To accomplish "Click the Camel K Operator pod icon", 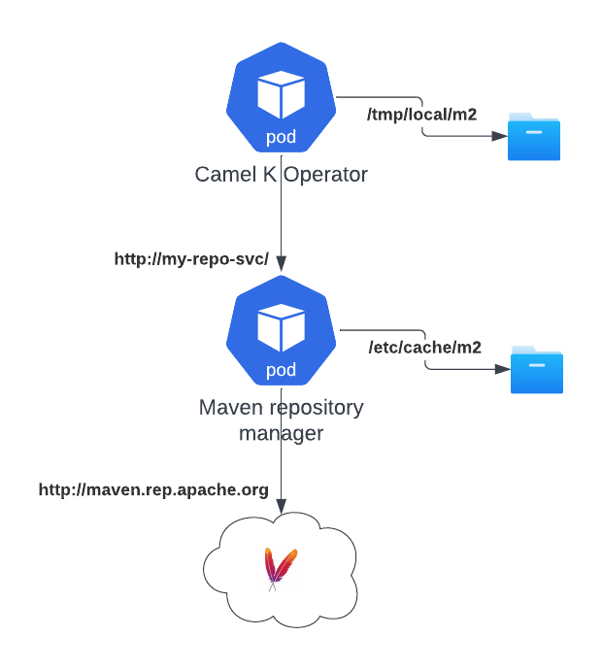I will coord(282,97).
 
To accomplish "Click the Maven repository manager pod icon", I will coord(282,330).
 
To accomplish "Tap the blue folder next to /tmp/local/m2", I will coord(534,135).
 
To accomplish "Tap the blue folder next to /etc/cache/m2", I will coord(537,369).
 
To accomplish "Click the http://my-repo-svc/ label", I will coord(190,259).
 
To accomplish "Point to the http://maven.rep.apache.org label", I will coord(153,489).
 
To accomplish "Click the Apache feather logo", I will coord(282,568).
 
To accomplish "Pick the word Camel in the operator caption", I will coord(222,175).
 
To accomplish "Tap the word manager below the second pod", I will coord(282,432).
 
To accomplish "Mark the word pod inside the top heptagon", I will coord(282,137).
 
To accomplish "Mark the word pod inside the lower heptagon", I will coord(282,370).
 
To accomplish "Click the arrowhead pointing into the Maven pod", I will coord(282,263).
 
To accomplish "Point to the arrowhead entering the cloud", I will coord(282,506).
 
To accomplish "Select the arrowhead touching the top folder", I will coord(500,136).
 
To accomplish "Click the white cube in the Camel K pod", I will coord(282,94).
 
